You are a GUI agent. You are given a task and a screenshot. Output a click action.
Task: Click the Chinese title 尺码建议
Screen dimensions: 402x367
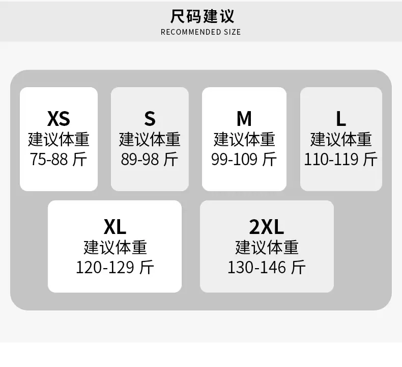[x=202, y=16]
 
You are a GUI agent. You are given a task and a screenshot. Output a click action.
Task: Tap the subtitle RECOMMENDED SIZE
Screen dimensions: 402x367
[x=200, y=32]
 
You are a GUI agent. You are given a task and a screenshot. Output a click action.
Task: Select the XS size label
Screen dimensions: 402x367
[x=59, y=119]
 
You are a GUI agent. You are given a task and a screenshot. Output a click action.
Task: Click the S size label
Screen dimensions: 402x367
[x=150, y=119]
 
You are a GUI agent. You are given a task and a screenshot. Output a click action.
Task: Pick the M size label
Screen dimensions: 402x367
[x=244, y=119]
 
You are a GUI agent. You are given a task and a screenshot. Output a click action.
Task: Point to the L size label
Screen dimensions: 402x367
[x=341, y=119]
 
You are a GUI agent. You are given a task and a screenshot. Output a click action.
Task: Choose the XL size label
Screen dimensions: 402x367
[x=115, y=227]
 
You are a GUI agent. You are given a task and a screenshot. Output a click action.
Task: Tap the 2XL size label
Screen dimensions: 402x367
[x=267, y=227]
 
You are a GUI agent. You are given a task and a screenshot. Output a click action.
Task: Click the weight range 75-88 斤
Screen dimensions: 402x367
[x=59, y=159]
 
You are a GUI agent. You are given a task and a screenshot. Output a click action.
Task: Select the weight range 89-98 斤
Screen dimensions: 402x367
[x=150, y=159]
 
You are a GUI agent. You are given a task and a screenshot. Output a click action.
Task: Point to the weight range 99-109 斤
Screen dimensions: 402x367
[x=244, y=159]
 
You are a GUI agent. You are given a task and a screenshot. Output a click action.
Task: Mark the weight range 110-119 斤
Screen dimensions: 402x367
[x=341, y=159]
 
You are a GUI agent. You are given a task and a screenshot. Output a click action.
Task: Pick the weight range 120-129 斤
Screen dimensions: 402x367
[x=115, y=268]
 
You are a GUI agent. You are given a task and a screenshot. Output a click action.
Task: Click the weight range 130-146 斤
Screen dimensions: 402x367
[x=267, y=268]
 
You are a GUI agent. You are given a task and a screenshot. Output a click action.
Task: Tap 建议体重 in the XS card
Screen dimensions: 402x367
[x=59, y=140]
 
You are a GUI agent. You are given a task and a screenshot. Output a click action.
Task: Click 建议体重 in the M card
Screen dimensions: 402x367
[x=244, y=140]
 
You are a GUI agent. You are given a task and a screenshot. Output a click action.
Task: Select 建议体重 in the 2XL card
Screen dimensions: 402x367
[x=267, y=247]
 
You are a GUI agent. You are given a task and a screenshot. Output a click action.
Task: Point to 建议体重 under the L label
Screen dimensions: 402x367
[x=341, y=140]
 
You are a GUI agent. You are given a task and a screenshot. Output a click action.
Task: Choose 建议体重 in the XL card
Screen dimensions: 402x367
[x=115, y=247]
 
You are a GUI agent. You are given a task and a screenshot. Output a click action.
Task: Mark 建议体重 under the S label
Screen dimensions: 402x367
[x=150, y=140]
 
